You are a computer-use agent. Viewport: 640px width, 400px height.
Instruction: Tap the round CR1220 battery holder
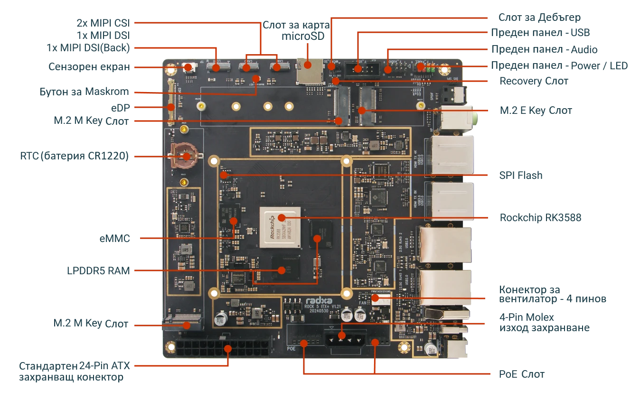[186, 155]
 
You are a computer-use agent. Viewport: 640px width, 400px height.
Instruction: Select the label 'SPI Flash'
[520, 176]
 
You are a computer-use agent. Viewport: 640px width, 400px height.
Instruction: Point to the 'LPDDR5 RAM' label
[98, 270]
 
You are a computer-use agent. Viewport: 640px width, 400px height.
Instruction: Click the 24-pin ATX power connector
[222, 349]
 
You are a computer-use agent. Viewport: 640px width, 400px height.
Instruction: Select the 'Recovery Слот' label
[534, 81]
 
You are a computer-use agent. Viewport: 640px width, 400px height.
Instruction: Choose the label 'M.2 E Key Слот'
[536, 111]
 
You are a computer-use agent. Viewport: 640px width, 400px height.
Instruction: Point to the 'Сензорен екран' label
[89, 66]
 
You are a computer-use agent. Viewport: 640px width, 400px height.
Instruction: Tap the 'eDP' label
[120, 107]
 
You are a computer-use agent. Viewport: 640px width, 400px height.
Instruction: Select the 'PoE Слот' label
[521, 374]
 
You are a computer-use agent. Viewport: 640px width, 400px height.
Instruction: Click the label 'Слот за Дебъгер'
[539, 18]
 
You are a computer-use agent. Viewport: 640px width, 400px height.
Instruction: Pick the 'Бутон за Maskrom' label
[85, 92]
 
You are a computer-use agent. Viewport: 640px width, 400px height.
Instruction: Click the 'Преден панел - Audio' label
[544, 49]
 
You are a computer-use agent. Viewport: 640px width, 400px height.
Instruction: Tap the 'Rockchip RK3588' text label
[540, 218]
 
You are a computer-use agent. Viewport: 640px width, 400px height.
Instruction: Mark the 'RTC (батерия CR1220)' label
[75, 156]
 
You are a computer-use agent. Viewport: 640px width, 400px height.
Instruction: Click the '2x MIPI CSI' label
[103, 22]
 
